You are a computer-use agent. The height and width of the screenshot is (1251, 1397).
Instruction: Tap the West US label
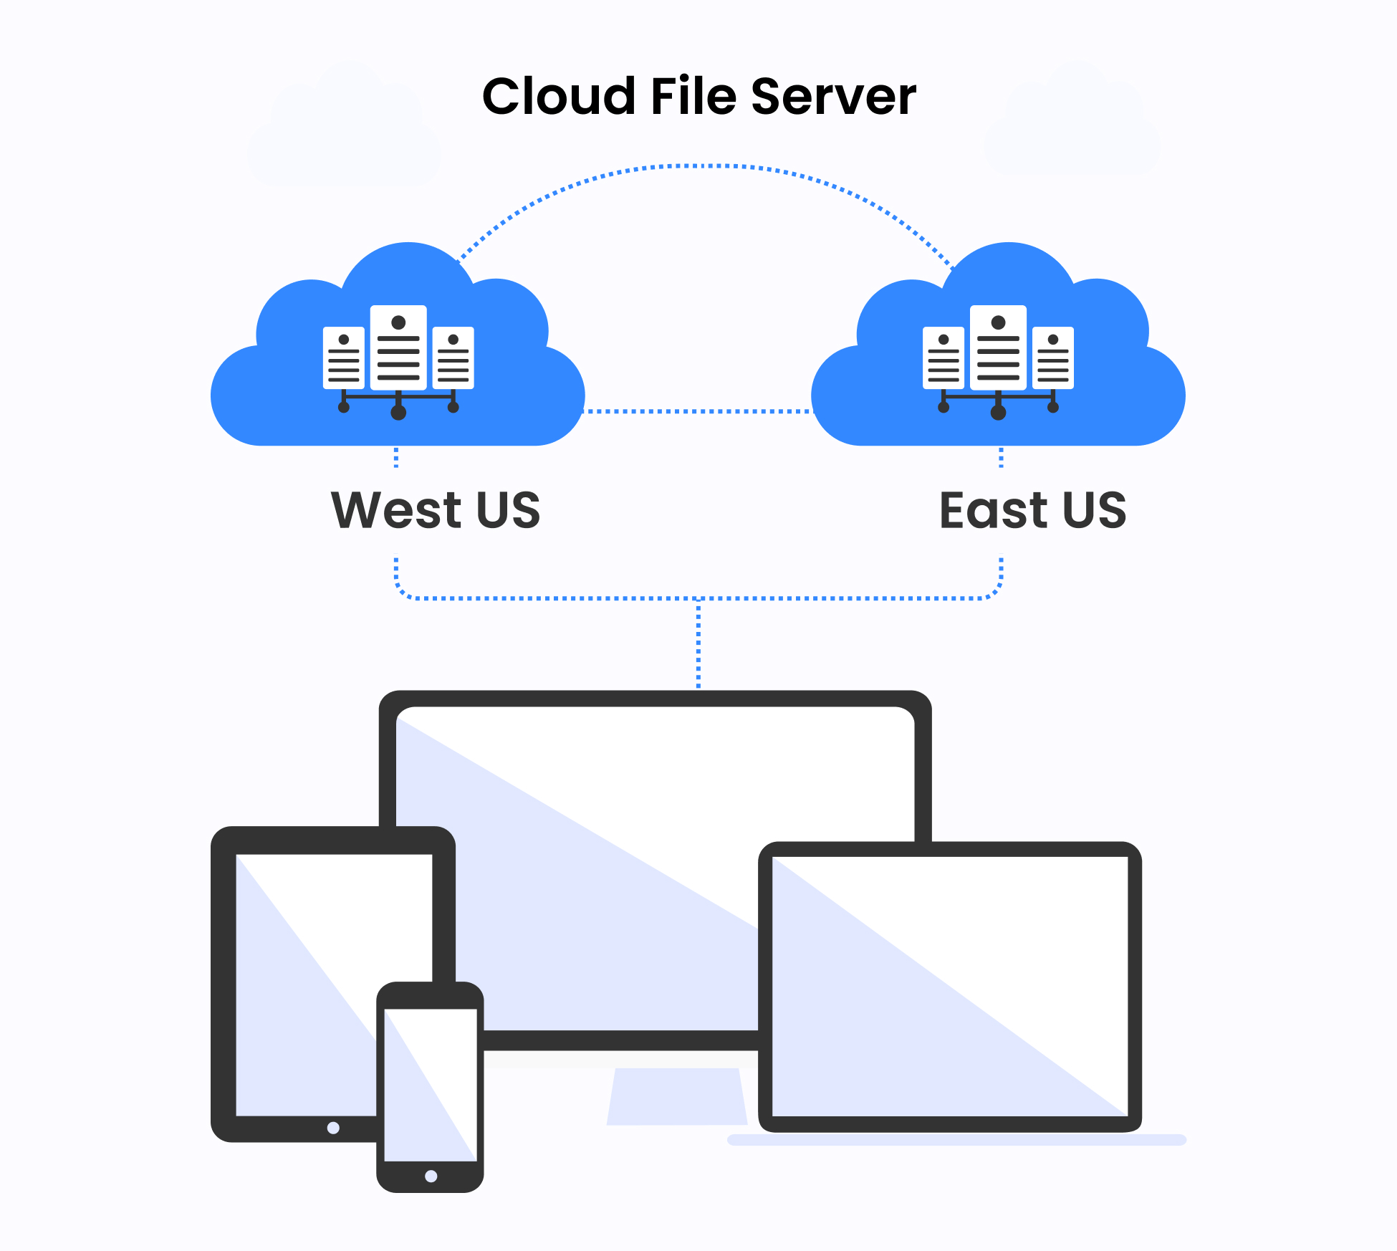coord(436,510)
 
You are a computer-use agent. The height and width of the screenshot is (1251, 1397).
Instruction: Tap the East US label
coord(1032,510)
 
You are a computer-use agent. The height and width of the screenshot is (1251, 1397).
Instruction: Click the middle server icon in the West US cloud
coord(398,347)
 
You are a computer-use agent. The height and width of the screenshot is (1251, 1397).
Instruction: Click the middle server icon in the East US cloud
coord(998,347)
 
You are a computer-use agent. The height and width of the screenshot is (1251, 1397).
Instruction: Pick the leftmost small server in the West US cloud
coord(344,358)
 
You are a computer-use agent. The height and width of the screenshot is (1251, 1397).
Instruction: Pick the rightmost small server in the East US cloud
coord(1052,358)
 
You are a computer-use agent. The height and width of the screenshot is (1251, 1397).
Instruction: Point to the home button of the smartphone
coord(431,1176)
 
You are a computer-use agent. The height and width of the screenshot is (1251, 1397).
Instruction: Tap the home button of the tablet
coord(333,1128)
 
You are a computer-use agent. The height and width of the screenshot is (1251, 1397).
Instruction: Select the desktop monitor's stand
coord(676,1096)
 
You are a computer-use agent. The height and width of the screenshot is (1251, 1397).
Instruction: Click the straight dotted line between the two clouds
coord(698,411)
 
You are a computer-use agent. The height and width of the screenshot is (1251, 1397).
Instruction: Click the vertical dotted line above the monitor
coord(698,645)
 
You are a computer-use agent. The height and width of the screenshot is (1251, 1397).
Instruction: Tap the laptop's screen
coord(950,986)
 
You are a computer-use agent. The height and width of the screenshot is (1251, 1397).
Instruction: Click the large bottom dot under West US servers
coord(398,413)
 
